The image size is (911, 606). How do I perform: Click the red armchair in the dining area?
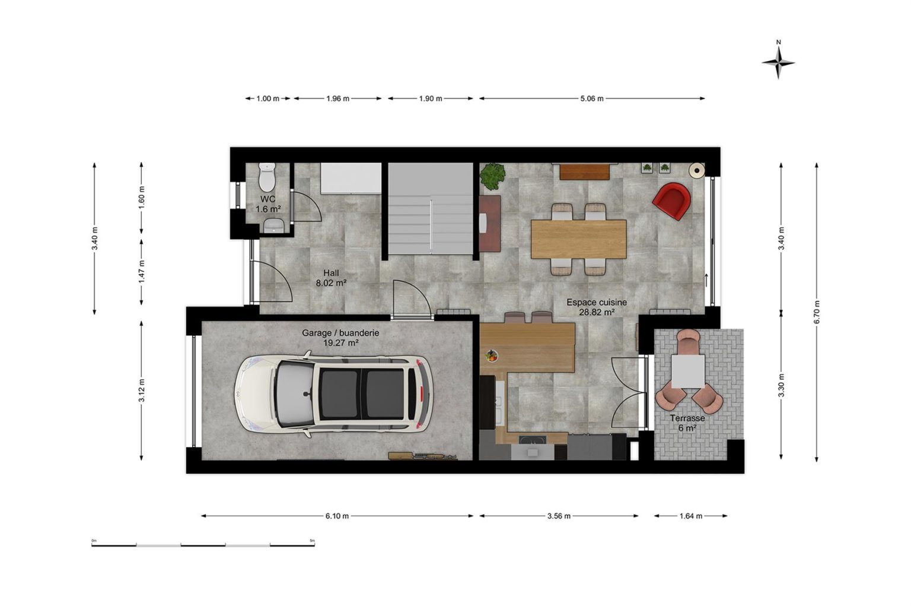pyautogui.click(x=671, y=201)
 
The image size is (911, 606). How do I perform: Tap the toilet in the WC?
pyautogui.click(x=267, y=177)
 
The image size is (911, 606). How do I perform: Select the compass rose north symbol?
pyautogui.click(x=778, y=62)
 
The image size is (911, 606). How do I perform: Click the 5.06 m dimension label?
pyautogui.click(x=592, y=99)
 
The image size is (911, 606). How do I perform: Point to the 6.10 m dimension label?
pyautogui.click(x=337, y=516)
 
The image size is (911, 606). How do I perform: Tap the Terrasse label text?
pyautogui.click(x=687, y=418)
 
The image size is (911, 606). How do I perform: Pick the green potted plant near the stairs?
pyautogui.click(x=492, y=176)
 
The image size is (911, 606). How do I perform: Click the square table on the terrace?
pyautogui.click(x=688, y=371)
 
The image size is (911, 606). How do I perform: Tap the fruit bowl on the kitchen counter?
pyautogui.click(x=491, y=356)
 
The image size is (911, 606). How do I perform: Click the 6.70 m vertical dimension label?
pyautogui.click(x=817, y=312)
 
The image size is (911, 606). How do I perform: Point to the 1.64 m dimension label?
pyautogui.click(x=690, y=516)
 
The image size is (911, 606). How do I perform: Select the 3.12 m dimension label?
pyautogui.click(x=142, y=391)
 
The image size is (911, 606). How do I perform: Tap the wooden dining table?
pyautogui.click(x=579, y=239)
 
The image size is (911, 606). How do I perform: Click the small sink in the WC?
pyautogui.click(x=273, y=225)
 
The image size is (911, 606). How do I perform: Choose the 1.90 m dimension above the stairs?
pyautogui.click(x=431, y=99)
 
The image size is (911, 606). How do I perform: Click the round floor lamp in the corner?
pyautogui.click(x=697, y=170)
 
